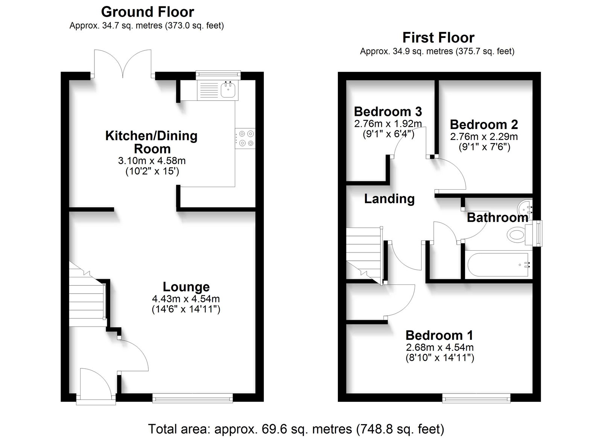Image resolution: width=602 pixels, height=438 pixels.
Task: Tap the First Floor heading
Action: point(438,38)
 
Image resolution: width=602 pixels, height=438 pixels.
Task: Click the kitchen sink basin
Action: point(228,90)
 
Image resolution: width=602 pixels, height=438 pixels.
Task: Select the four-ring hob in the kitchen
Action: point(245,138)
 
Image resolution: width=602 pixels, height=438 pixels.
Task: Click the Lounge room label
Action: point(186,287)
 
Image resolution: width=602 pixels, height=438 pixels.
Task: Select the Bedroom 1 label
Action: point(439,335)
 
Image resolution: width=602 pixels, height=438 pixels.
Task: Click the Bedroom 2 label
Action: point(484,125)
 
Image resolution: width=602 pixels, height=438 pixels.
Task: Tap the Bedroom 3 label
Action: point(388,111)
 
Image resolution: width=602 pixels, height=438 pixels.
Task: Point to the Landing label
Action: point(389,199)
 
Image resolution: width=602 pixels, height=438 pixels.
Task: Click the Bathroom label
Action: point(497,217)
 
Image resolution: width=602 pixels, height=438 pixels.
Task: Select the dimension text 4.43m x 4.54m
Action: point(186,298)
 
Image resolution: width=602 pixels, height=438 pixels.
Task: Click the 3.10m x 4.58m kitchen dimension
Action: point(152,161)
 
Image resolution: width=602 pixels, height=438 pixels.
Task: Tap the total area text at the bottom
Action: point(296,429)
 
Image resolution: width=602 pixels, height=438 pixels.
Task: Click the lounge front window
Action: point(192,398)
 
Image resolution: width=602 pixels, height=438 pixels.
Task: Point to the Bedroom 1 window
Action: point(476,398)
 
